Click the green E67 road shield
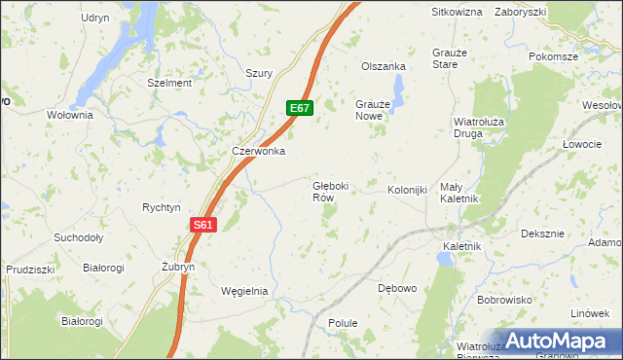299,108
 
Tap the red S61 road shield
202,224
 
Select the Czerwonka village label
258,151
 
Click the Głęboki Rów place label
330,191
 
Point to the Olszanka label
383,66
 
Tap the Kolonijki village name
408,190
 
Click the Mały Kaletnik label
457,192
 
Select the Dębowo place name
396,288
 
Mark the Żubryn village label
178,266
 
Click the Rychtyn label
162,207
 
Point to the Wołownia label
70,115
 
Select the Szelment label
169,84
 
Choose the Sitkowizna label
458,12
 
